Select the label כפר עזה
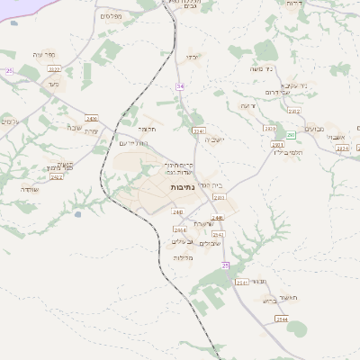point(42,54)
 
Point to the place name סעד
point(53,84)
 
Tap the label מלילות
point(184,257)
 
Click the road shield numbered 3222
point(54,68)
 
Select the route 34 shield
point(180,85)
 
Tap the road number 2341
point(240,282)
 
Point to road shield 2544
point(282,319)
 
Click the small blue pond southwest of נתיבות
point(78,214)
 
